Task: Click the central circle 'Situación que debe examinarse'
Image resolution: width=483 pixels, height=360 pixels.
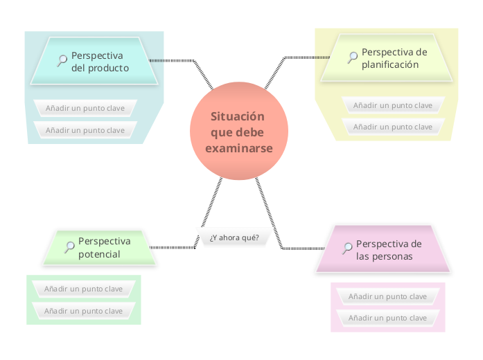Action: pyautogui.click(x=238, y=132)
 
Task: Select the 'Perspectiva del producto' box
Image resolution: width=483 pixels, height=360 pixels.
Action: pyautogui.click(x=94, y=62)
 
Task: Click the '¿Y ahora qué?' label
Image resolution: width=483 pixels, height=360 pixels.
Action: pyautogui.click(x=234, y=237)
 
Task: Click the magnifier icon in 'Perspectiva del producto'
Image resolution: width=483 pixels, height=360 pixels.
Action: pyautogui.click(x=61, y=60)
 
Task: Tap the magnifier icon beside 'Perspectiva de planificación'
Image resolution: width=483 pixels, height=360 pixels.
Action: pyautogui.click(x=352, y=57)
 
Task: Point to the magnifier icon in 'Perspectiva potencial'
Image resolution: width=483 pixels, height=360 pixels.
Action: pyautogui.click(x=69, y=246)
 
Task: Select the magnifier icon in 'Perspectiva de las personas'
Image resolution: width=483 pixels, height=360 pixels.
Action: pyautogui.click(x=346, y=249)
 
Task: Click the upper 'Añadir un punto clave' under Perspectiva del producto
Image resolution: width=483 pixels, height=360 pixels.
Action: pyautogui.click(x=85, y=108)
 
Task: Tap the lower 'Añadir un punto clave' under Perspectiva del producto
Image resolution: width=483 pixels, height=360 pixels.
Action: pyautogui.click(x=85, y=130)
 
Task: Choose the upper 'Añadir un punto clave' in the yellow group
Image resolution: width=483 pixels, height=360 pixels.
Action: pyautogui.click(x=393, y=105)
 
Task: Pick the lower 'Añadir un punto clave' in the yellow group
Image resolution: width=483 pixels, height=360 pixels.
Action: pyautogui.click(x=393, y=127)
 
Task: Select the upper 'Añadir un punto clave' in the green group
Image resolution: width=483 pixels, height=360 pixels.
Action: pyautogui.click(x=83, y=289)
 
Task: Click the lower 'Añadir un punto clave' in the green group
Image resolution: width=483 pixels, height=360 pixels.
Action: pyautogui.click(x=83, y=311)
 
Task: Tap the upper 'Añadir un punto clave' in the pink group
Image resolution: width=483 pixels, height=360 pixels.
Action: pyautogui.click(x=387, y=296)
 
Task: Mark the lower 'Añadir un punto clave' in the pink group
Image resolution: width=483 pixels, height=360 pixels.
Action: pyautogui.click(x=387, y=318)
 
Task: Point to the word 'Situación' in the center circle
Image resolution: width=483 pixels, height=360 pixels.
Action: pyautogui.click(x=238, y=116)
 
